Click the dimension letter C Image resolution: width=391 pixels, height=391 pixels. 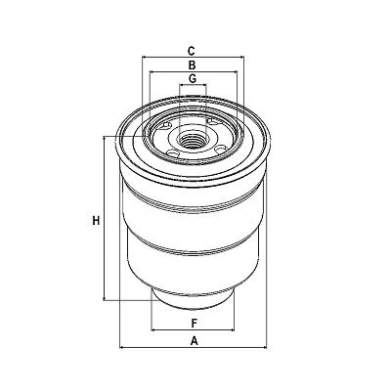pos(192,51)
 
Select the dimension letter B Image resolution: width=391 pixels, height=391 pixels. pos(192,65)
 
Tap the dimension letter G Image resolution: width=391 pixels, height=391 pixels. pos(193,78)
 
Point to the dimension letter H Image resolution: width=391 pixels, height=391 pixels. pos(96,221)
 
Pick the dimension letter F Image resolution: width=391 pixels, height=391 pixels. pos(195,324)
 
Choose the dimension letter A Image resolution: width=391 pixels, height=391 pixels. pos(195,341)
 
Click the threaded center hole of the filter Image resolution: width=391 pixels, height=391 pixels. pos(193,141)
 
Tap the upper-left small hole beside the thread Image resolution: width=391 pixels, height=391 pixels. pos(168,126)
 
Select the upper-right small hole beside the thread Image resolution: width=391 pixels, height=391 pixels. pos(213,122)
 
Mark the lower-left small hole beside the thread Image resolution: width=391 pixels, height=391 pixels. pos(173,153)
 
